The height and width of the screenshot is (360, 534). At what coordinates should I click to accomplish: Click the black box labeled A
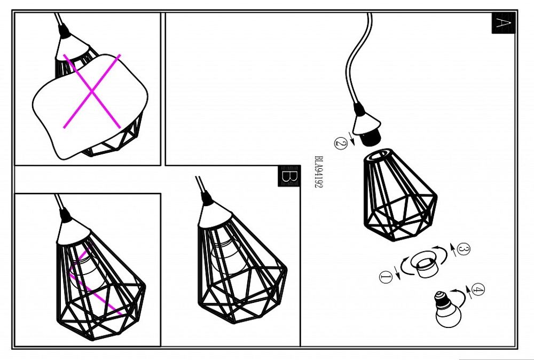point(503,23)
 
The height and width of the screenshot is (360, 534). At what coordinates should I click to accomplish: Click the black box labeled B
point(289,176)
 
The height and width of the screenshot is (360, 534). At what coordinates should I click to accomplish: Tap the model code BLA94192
point(318,172)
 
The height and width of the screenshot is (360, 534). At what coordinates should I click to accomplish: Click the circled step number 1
point(386,277)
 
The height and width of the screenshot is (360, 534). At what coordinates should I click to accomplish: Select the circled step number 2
point(341,143)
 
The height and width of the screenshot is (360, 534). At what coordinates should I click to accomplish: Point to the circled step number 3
point(463,249)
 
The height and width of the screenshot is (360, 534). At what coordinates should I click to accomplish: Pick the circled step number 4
point(478,290)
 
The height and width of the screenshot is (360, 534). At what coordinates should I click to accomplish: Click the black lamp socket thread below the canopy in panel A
point(372,138)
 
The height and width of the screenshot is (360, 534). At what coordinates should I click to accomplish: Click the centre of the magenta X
point(92,91)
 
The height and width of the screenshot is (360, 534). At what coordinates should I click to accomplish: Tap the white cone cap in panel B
point(215,216)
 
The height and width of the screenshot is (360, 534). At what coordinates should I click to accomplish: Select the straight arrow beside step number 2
point(351,138)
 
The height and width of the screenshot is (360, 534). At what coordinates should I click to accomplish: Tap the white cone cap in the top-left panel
point(72,48)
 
